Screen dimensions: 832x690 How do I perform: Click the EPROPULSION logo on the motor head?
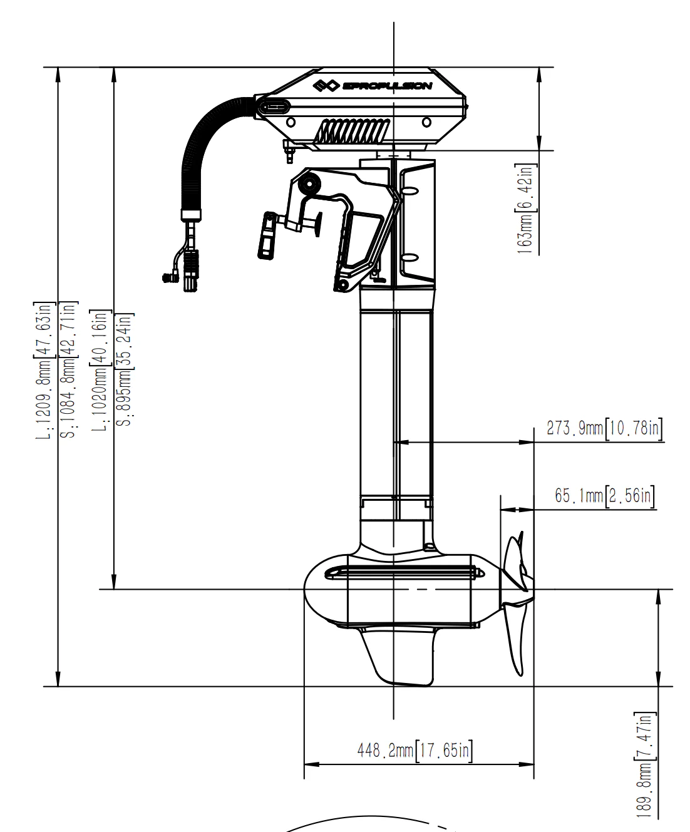tap(373, 86)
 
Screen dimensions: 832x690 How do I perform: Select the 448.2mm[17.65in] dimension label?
tap(414, 750)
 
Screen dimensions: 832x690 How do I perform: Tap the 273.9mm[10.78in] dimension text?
tap(604, 429)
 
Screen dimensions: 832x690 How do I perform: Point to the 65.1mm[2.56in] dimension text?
tap(605, 496)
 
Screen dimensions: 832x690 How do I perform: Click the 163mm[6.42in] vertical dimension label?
tap(524, 208)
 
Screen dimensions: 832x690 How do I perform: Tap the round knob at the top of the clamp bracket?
tap(309, 185)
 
